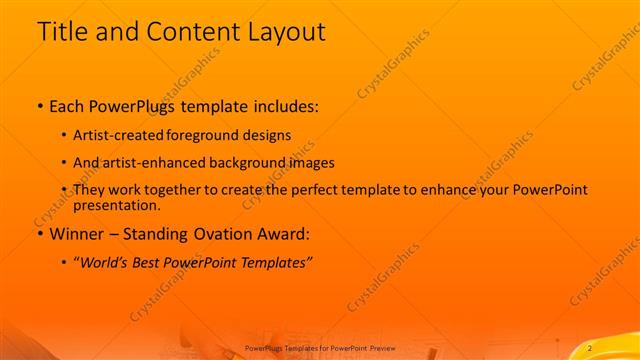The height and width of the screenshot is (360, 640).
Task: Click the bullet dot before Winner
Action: tap(39, 236)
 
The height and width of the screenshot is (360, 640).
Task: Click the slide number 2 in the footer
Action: tap(591, 347)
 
